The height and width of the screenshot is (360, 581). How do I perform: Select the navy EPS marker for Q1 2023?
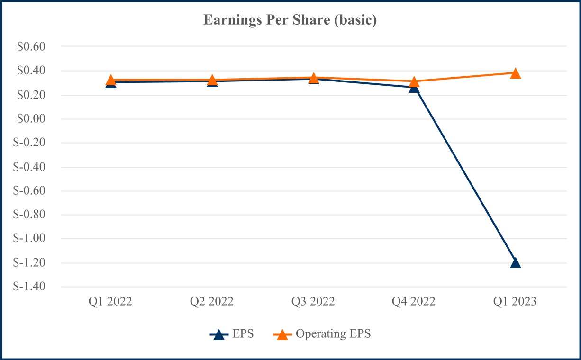[515, 263]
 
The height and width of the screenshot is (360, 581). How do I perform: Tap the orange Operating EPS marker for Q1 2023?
[515, 73]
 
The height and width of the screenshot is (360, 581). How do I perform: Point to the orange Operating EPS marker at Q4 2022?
[414, 82]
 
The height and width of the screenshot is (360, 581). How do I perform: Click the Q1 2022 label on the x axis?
[111, 302]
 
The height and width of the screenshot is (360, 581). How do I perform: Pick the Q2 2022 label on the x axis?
[212, 302]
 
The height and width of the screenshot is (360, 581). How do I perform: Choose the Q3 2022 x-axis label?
[313, 302]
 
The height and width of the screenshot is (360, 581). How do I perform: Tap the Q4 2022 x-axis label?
[414, 302]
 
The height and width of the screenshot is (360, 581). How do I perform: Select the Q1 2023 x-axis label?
[515, 302]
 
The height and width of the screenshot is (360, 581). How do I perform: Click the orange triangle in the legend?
[282, 334]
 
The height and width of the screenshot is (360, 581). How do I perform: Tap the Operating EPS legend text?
[333, 333]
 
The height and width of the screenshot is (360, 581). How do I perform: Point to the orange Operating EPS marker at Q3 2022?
[313, 78]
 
